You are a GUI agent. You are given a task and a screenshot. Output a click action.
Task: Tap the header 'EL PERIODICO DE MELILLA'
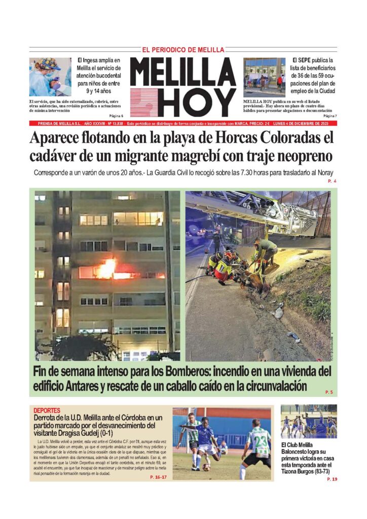coord(182,50)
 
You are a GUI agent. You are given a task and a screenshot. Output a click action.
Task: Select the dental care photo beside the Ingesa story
coord(50,77)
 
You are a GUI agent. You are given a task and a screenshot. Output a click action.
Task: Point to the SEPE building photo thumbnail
coord(264,77)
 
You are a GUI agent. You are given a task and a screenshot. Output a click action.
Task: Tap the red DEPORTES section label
coord(47,410)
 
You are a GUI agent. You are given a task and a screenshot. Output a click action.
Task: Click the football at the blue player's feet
coord(206,467)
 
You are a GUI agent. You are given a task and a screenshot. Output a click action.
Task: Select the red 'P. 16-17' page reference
coord(159,477)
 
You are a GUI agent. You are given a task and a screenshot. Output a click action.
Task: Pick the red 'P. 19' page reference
coord(332,479)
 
